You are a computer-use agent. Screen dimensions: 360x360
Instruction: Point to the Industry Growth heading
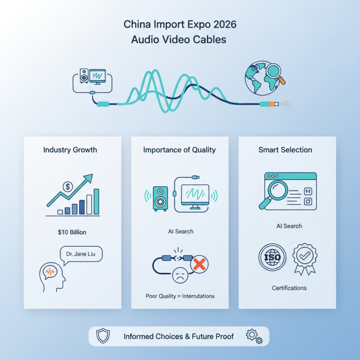pyautogui.click(x=70, y=150)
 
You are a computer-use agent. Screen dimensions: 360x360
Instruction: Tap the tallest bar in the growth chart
pyautogui.click(x=96, y=201)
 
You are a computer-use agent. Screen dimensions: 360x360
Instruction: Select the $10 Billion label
pyautogui.click(x=72, y=232)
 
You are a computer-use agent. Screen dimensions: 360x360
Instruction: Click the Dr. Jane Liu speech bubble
pyautogui.click(x=81, y=254)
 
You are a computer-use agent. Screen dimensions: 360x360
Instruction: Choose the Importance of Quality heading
pyautogui.click(x=180, y=150)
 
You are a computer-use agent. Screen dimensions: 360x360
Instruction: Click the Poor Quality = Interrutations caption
pyautogui.click(x=180, y=296)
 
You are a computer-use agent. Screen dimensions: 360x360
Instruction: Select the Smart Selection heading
pyautogui.click(x=285, y=150)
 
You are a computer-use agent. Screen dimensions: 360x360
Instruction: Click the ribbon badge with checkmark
pyautogui.click(x=304, y=258)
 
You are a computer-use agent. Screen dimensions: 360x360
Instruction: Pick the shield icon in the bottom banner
pyautogui.click(x=103, y=336)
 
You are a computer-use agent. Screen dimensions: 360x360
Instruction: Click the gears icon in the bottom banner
pyautogui.click(x=254, y=336)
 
